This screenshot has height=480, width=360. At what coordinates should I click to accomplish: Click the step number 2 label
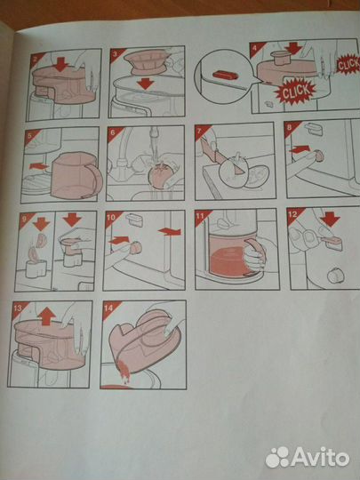pyautogui.click(x=35, y=58)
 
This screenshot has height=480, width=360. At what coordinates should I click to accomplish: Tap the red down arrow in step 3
pyautogui.click(x=146, y=84)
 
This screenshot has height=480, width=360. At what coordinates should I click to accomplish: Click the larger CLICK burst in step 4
pyautogui.click(x=295, y=91)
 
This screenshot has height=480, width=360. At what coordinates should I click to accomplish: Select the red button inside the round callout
pyautogui.click(x=225, y=75)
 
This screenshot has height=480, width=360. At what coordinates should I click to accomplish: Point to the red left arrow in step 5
pyautogui.click(x=38, y=166)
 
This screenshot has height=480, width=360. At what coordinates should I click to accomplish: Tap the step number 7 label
pyautogui.click(x=199, y=132)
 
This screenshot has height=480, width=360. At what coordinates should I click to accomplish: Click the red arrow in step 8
pyautogui.click(x=300, y=149)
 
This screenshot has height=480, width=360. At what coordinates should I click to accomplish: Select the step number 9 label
pyautogui.click(x=24, y=218)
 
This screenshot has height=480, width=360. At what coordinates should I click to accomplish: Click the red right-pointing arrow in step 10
pyautogui.click(x=119, y=240)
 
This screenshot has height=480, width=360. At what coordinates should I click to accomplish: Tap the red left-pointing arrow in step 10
pyautogui.click(x=170, y=231)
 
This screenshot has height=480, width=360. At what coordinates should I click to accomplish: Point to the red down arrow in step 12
pyautogui.click(x=330, y=220)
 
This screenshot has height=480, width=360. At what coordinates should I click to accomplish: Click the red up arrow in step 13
pyautogui.click(x=46, y=316)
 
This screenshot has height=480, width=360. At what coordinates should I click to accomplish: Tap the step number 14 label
pyautogui.click(x=109, y=308)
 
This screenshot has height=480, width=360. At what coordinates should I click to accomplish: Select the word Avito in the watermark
pyautogui.click(x=320, y=458)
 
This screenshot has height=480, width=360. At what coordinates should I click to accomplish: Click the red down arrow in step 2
pyautogui.click(x=61, y=64)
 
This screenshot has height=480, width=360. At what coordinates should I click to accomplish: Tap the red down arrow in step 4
pyautogui.click(x=293, y=48)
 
